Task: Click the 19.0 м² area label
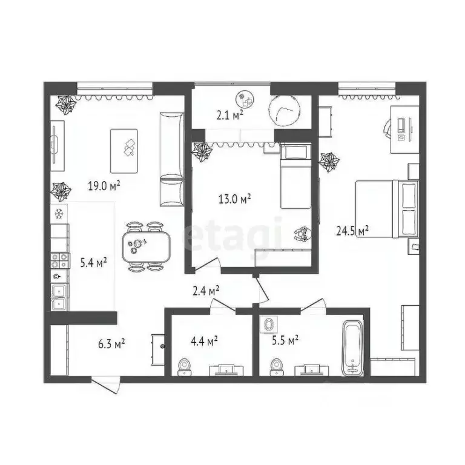pos(104,186)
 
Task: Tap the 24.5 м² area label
pos(352,230)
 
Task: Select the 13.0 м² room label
pos(234,199)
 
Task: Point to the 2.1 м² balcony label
pos(230,115)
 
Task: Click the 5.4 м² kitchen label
pos(94,262)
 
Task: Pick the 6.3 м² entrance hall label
pos(111,344)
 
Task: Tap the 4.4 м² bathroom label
pos(204,341)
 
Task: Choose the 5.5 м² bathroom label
pos(285,340)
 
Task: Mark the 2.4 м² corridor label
pos(206,291)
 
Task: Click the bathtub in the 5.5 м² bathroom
pos(352,349)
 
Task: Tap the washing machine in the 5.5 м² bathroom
pos(269,324)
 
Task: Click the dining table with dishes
pos(147,247)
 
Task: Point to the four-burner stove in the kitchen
pos(59,260)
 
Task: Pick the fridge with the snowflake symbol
pos(59,213)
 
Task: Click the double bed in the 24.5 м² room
pos(387,209)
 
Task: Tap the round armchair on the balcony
pos(285,110)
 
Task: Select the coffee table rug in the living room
pos(124,151)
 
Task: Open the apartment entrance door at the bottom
pos(106,384)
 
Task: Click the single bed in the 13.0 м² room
pos(295,176)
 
